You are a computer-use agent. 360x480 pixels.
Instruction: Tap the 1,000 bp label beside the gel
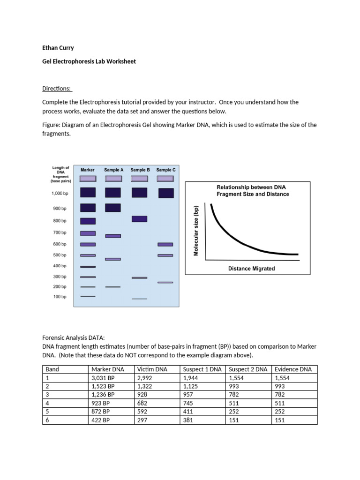pyautogui.click(x=60, y=193)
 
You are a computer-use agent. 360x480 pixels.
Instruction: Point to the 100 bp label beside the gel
pyautogui.click(x=60, y=297)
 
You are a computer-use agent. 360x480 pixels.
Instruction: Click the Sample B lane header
pyautogui.click(x=140, y=170)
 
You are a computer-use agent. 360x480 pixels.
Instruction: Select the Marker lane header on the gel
pyautogui.click(x=88, y=170)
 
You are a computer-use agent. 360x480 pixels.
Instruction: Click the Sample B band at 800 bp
pyautogui.click(x=140, y=219)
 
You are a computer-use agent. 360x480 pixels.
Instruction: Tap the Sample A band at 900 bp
pyautogui.click(x=112, y=208)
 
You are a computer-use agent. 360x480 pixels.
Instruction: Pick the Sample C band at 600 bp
pyautogui.click(x=165, y=244)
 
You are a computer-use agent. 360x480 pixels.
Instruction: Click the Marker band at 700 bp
pyautogui.click(x=88, y=233)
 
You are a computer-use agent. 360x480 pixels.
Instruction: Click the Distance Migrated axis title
pyautogui.click(x=251, y=269)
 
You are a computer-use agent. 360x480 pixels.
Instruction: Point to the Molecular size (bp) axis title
pyautogui.click(x=196, y=231)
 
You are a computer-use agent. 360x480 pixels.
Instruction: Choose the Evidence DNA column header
pyautogui.click(x=293, y=369)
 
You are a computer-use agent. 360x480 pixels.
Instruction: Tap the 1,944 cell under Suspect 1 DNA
pyautogui.click(x=191, y=378)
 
